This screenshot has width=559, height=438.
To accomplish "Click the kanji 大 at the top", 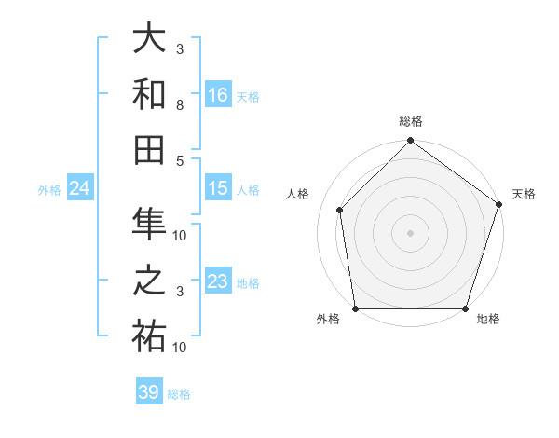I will [x=149, y=39].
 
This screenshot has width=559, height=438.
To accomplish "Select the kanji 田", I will [x=149, y=150].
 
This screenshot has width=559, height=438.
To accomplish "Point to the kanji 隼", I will [x=149, y=225].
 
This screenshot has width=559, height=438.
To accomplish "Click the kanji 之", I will [x=149, y=281].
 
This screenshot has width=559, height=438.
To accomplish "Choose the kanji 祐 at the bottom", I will [x=149, y=336].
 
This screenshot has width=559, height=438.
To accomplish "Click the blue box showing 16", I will [x=218, y=95].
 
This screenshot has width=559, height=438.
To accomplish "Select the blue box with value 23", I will [x=218, y=281].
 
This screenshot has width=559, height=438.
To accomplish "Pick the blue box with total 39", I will [x=149, y=392].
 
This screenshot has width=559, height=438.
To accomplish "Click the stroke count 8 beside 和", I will [x=180, y=106].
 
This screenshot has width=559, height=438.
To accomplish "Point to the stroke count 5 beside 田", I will [x=180, y=160].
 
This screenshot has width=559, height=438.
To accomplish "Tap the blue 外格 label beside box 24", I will [x=49, y=190].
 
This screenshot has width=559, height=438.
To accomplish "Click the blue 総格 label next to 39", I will [x=179, y=394].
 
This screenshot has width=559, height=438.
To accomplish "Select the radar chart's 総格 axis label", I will [x=410, y=121].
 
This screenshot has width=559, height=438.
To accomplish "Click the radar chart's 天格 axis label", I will [x=524, y=194].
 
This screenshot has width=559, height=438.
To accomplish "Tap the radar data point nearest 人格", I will [x=340, y=210].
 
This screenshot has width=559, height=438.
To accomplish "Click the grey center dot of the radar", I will [x=410, y=232].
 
